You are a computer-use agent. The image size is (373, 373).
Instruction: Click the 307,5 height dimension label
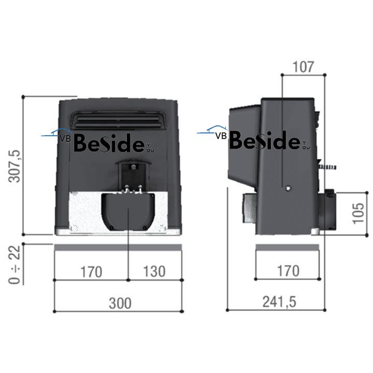pos(15,166)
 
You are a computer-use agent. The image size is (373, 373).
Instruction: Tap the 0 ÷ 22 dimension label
pos(15,265)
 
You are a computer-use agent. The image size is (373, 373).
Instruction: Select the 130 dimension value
pos(154,271)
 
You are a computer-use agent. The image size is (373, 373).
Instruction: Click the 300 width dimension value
pos(120,303)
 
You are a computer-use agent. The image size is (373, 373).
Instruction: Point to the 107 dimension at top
pos(303,67)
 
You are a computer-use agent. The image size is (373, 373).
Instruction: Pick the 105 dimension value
pos(358,213)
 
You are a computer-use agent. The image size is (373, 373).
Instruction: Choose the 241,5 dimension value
pos(279,302)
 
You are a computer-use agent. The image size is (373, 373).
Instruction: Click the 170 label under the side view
pos(288,271)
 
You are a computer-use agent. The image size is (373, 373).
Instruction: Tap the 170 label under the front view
pos(91,272)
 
